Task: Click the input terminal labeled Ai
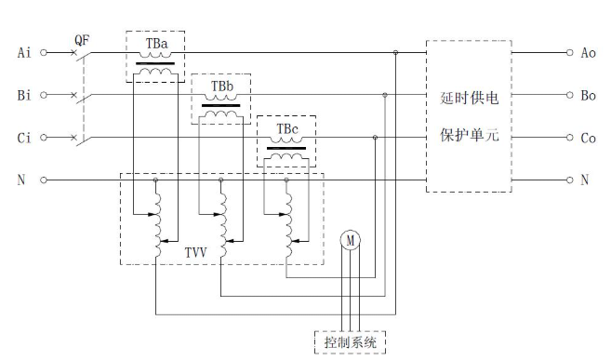click(43, 53)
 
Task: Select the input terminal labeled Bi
click(43, 95)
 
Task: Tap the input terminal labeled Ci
click(43, 138)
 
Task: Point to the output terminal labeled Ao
click(569, 53)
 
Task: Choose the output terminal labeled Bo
click(569, 95)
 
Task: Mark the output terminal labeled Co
click(569, 138)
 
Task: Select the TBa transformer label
click(155, 44)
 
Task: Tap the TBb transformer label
click(221, 87)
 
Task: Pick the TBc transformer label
click(286, 127)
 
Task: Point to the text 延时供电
click(469, 97)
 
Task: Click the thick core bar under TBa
click(155, 62)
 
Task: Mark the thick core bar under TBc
click(286, 146)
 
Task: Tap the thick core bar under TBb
click(221, 104)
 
